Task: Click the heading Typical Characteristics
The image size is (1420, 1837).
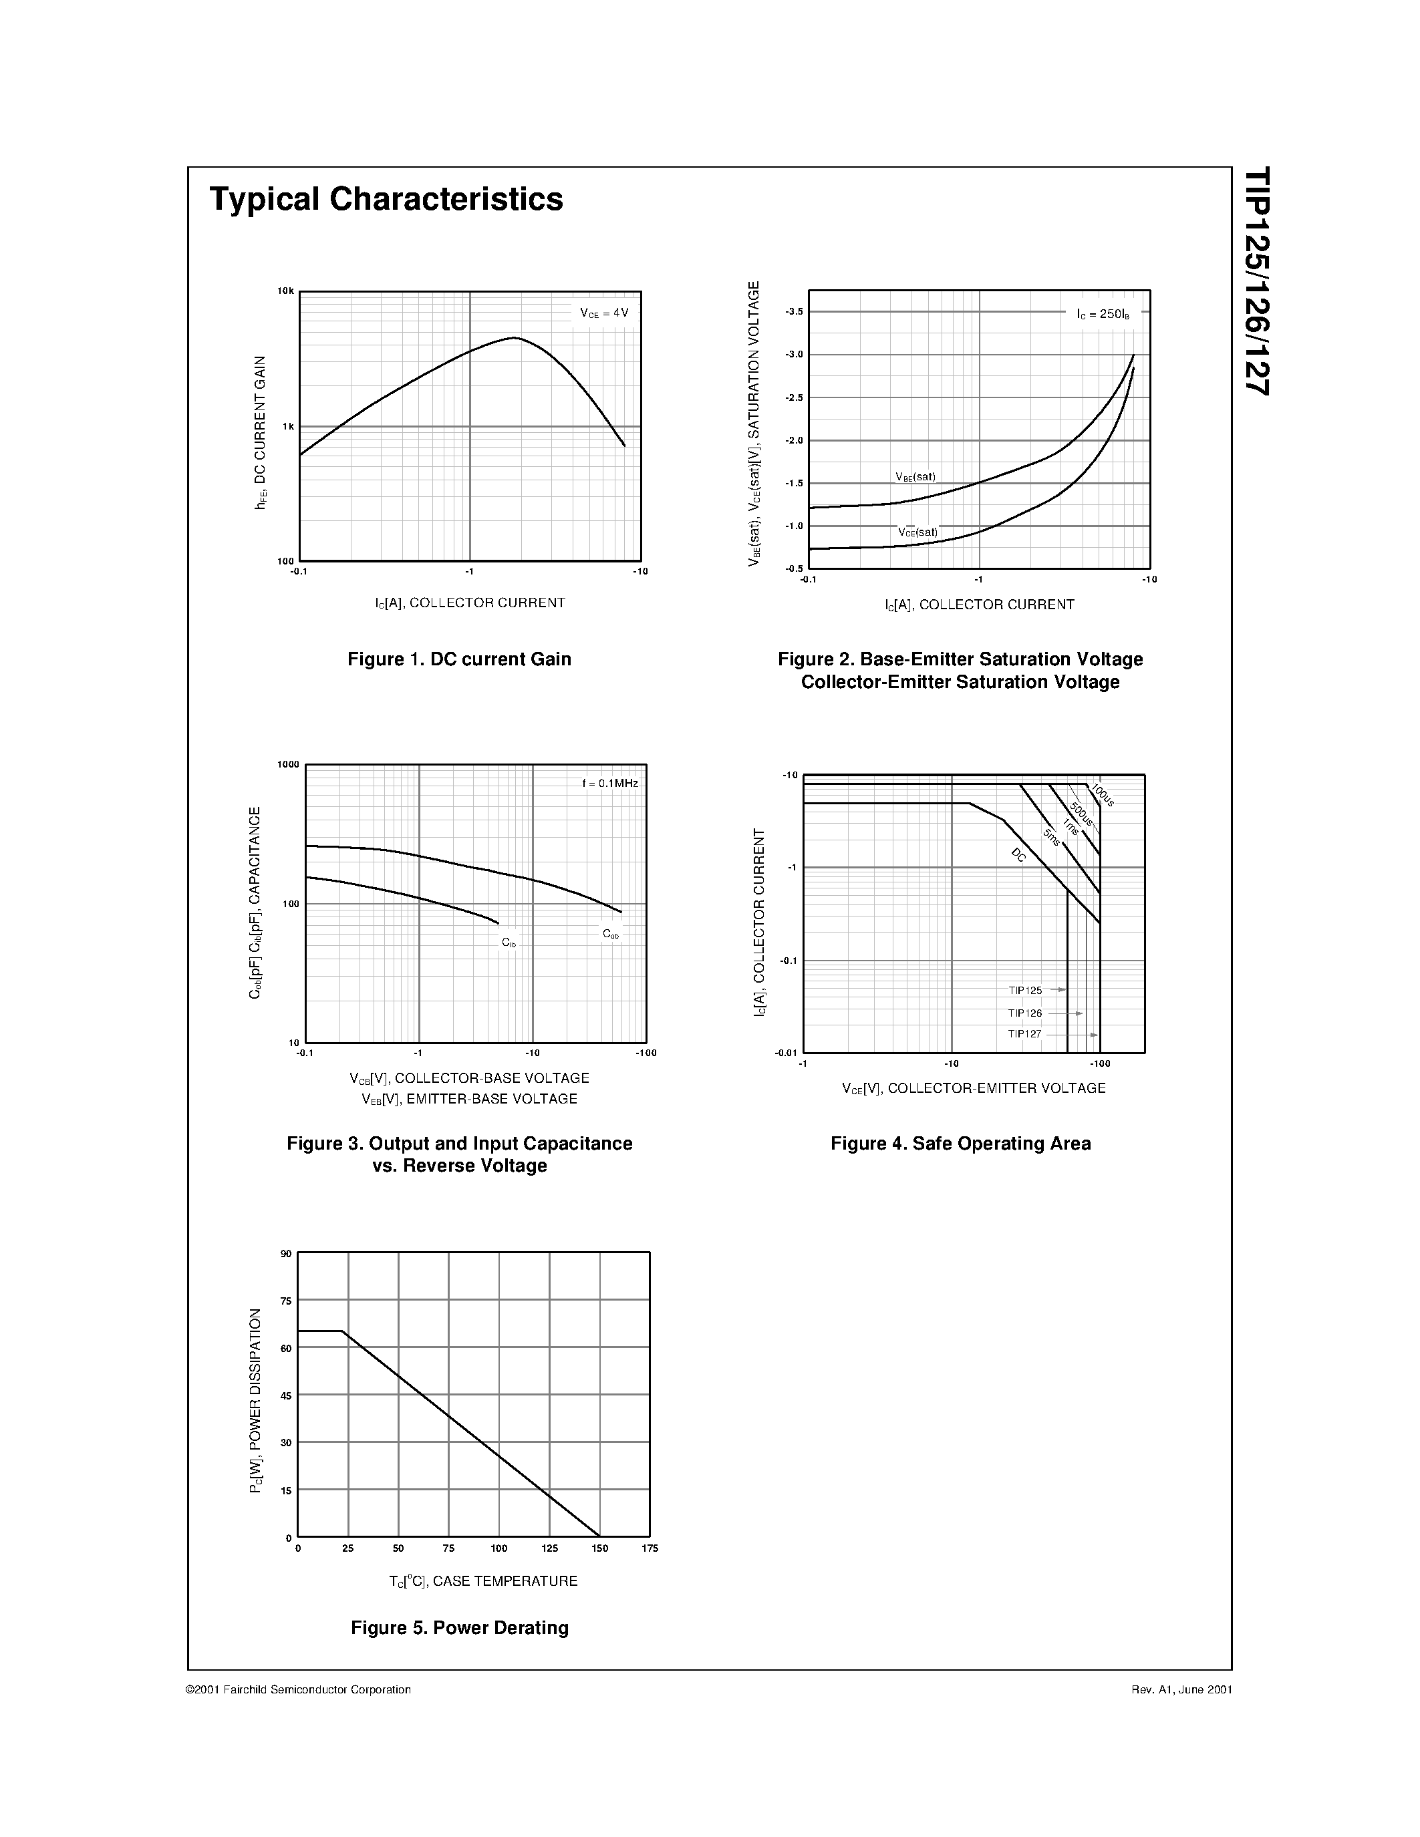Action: [386, 199]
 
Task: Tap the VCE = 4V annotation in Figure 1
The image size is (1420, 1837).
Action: [604, 313]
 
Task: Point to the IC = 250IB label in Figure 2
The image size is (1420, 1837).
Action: [1103, 314]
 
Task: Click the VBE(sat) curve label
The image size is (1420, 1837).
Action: [915, 477]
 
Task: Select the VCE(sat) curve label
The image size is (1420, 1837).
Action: [917, 532]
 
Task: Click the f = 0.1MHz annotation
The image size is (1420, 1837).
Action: [610, 783]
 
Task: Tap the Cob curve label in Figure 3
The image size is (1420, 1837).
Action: [611, 934]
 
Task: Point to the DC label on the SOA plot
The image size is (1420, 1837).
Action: [1019, 856]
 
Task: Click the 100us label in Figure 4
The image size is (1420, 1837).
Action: [1103, 795]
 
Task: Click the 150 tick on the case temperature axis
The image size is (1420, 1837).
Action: [600, 1548]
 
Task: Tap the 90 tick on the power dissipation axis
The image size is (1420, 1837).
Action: [286, 1254]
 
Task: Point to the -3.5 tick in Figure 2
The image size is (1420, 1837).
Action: [793, 312]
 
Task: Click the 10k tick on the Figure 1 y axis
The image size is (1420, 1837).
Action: [286, 291]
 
